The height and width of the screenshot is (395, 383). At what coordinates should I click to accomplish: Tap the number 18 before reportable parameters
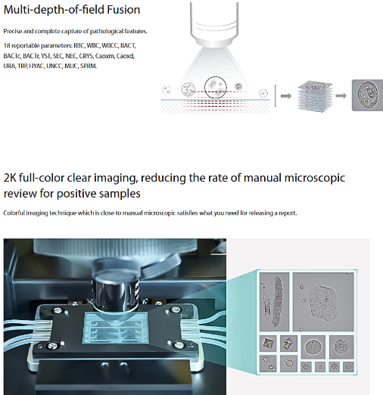[x=7, y=46]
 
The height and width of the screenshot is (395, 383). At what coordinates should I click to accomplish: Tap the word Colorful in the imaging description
[x=14, y=213]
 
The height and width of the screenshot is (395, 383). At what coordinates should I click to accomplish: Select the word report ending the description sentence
[x=288, y=213]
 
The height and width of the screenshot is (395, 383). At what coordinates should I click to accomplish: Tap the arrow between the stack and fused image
[x=341, y=96]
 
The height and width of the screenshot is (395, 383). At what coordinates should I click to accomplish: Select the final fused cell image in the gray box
[x=367, y=96]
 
